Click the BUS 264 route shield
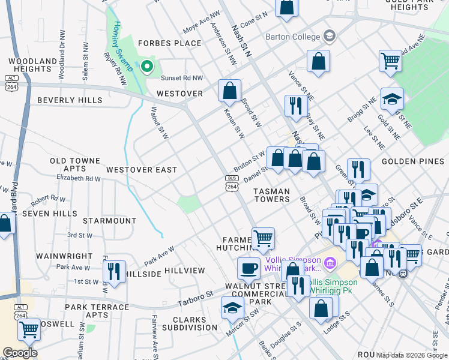tap(231, 183)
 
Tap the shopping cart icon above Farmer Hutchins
tap(263, 238)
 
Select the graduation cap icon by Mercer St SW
tap(232, 307)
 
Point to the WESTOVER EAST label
tap(142, 170)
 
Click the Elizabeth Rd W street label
tap(78, 178)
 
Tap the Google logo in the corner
tap(20, 353)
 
